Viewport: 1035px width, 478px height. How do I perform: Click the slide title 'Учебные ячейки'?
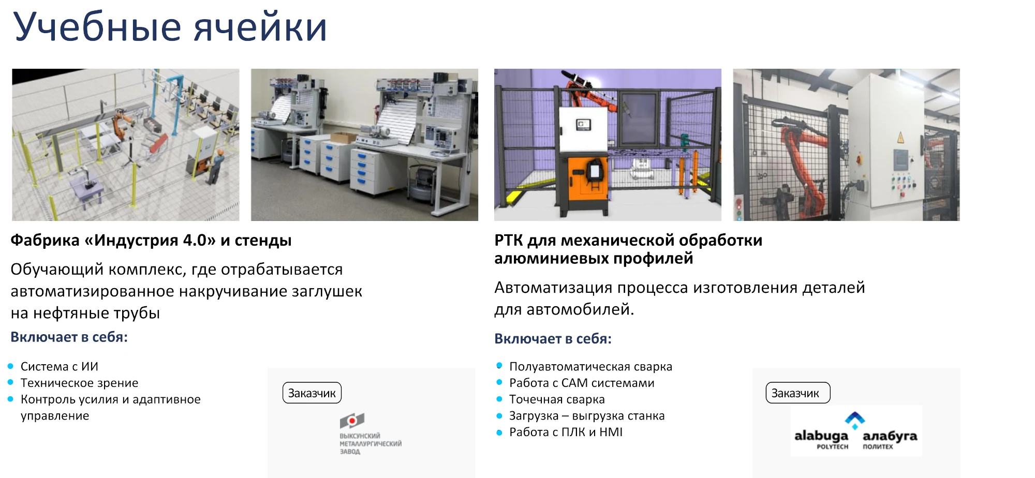(x=170, y=27)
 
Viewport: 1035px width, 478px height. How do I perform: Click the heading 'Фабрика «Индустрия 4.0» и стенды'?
(x=151, y=241)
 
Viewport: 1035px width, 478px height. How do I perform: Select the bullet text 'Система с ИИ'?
(x=60, y=366)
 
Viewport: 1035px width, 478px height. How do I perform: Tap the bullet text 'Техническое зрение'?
(x=80, y=383)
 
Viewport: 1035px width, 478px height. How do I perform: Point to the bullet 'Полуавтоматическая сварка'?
(x=590, y=367)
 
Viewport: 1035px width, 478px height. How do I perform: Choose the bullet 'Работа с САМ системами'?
(x=582, y=383)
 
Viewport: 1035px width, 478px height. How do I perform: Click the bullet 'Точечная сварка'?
(x=557, y=399)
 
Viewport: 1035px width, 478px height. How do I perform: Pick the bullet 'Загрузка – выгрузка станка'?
(x=587, y=416)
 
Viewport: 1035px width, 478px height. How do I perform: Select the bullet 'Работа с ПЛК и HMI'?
(x=566, y=432)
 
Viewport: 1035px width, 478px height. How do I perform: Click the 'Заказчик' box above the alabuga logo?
(x=797, y=393)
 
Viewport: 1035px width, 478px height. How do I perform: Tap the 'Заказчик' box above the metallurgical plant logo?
(x=312, y=393)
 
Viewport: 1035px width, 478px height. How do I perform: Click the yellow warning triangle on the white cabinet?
(x=900, y=138)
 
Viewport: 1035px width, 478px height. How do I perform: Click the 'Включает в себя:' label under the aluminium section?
(x=553, y=339)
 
